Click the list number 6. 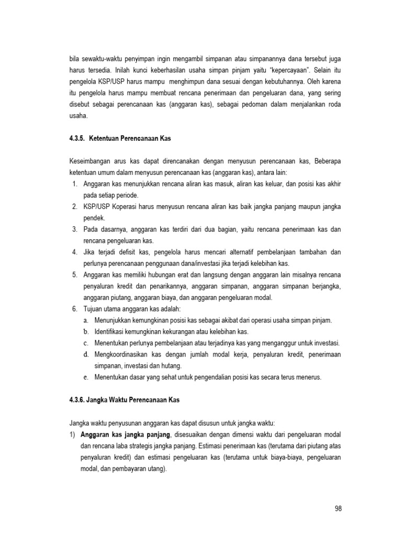[x=74, y=309]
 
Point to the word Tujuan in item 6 [x=92, y=309]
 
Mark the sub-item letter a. [x=85, y=320]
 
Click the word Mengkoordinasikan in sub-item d [x=124, y=354]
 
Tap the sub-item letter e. [x=85, y=377]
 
